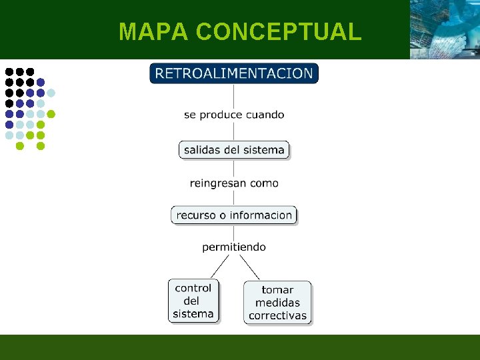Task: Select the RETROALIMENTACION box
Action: (234, 73)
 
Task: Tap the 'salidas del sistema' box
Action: (234, 150)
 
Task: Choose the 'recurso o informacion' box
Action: (234, 215)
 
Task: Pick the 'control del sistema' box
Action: (193, 301)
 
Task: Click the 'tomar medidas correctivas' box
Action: (277, 303)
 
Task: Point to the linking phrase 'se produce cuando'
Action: (234, 115)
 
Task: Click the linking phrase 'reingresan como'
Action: (234, 183)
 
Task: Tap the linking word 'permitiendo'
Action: (234, 247)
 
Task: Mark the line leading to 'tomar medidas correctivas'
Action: (249, 267)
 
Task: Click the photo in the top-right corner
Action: (444, 29)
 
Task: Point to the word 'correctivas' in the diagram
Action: (277, 315)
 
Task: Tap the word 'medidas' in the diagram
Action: (277, 303)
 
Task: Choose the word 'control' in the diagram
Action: (193, 288)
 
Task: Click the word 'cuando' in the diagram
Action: (265, 115)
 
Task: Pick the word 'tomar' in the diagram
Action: (277, 290)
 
